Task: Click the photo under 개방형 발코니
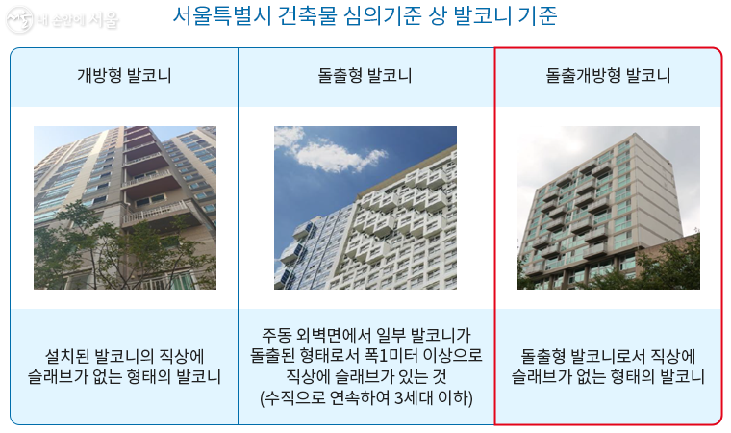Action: (x=125, y=207)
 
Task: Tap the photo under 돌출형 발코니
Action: (x=365, y=207)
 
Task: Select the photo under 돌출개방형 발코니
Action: (x=608, y=207)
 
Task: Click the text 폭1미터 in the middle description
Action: (x=396, y=355)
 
